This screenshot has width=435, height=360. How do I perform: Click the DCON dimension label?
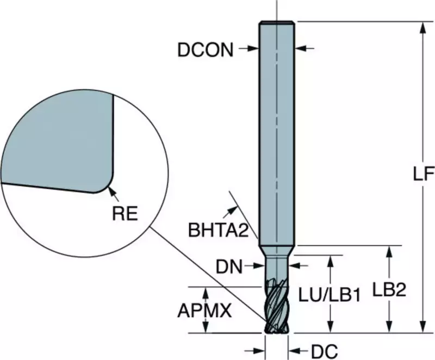[206, 50]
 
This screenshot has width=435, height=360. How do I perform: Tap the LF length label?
[424, 174]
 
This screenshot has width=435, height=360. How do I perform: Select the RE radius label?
[125, 214]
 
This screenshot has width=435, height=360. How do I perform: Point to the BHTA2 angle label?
[219, 230]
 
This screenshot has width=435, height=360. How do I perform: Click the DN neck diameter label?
[229, 267]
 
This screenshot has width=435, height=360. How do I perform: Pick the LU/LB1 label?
[330, 295]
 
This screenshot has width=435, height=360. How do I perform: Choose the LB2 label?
[389, 290]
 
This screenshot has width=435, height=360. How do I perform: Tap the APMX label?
[204, 311]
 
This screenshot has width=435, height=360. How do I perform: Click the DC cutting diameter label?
[324, 352]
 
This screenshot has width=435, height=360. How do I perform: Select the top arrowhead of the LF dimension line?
[423, 28]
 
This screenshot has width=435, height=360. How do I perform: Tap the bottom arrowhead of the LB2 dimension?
[389, 326]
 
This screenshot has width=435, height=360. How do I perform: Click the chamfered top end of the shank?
[277, 23]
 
